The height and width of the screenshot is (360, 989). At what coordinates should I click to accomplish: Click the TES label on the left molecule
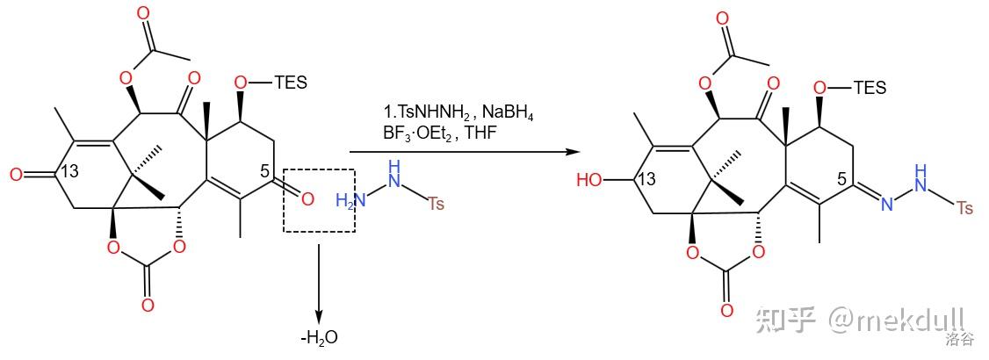[x=291, y=82]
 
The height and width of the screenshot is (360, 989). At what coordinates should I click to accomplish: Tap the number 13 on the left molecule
[x=69, y=172]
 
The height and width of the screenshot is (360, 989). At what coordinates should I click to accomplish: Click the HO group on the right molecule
[x=590, y=181]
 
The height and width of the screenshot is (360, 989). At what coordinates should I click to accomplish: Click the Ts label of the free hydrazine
[x=437, y=204]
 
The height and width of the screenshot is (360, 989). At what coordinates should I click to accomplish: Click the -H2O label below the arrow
[x=318, y=337]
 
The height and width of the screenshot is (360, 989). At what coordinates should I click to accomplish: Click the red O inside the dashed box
[x=307, y=199]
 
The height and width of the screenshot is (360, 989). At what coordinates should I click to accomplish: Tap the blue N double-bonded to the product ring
[x=887, y=205]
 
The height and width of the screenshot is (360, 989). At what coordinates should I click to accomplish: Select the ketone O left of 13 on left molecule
[x=15, y=174]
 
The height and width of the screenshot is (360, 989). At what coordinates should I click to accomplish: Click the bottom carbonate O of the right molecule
[x=726, y=311]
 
